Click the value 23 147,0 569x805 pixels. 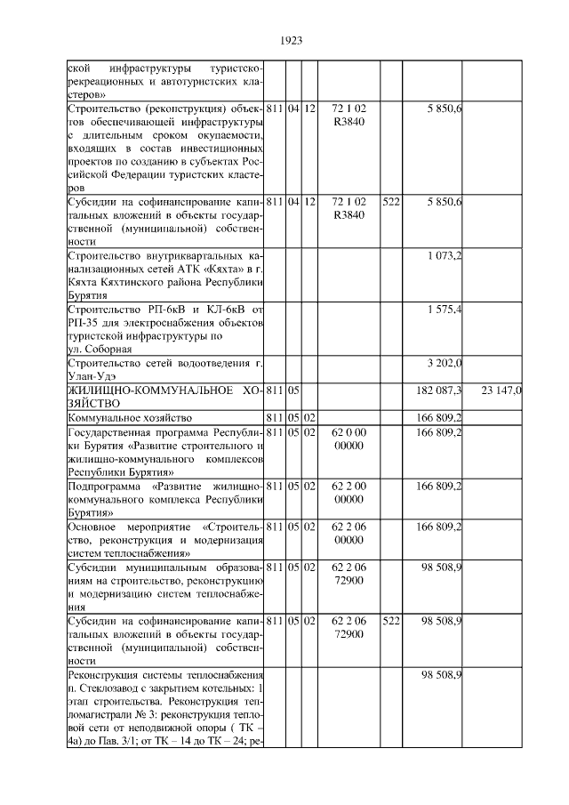[501, 390]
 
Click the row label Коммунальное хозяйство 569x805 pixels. [131, 416]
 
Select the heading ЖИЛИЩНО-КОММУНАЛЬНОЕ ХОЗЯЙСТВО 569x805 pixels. [165, 396]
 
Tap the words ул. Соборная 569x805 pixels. [100, 349]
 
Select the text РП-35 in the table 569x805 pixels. [84, 322]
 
